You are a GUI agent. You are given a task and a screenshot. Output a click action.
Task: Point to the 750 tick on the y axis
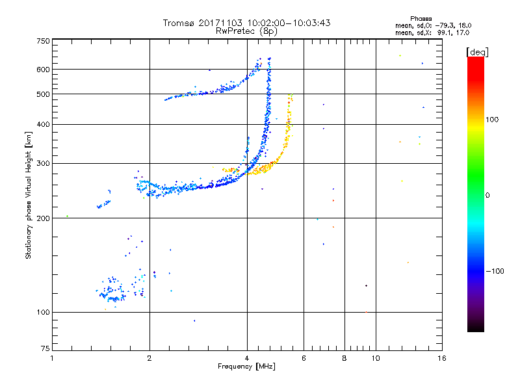[x=44, y=41]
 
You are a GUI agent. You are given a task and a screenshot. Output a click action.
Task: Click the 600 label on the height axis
[x=44, y=70]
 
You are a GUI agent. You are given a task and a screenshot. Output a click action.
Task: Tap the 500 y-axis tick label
[x=44, y=94]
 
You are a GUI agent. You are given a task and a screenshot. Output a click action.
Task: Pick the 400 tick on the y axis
[x=44, y=125]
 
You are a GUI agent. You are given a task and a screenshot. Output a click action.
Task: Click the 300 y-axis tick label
[x=44, y=164]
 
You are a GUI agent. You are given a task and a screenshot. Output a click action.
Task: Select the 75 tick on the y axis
[x=45, y=350]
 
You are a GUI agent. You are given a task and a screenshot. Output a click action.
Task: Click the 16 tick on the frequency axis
[x=442, y=358]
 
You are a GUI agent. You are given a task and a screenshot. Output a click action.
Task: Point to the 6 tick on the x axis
[x=304, y=358]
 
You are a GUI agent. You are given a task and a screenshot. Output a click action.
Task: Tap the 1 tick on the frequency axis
[x=52, y=358]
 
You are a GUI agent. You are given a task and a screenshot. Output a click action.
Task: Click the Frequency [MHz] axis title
[x=246, y=367]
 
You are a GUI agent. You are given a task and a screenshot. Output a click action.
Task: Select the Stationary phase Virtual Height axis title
[x=29, y=195]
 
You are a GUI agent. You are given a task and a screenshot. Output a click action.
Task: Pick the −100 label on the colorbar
[x=495, y=271]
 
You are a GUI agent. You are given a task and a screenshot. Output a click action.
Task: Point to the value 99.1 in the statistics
[x=444, y=32]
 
